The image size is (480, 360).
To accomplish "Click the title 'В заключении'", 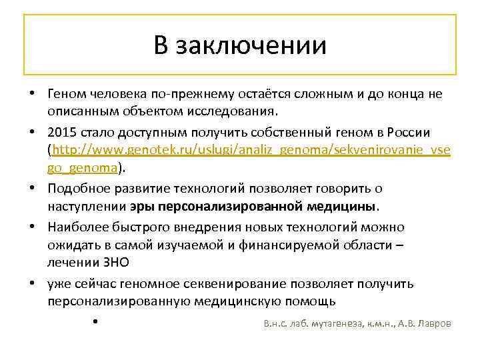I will click(240, 45).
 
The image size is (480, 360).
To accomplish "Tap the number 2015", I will click(63, 131).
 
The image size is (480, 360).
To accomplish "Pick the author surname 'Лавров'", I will click(433, 324).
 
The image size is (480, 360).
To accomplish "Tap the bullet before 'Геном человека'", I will click(31, 94).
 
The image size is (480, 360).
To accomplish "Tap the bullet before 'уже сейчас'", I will click(31, 284).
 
